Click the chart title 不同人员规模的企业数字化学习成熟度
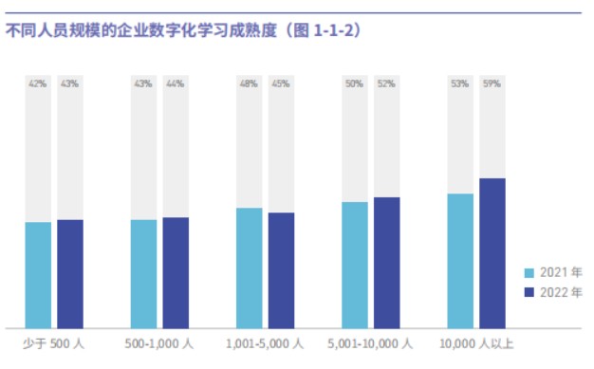pyautogui.click(x=141, y=30)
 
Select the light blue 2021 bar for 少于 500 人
pyautogui.click(x=38, y=275)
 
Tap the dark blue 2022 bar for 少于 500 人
pyautogui.click(x=70, y=274)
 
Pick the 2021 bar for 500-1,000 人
pyautogui.click(x=143, y=274)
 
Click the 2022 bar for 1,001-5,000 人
pyautogui.click(x=282, y=270)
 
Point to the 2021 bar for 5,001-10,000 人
pyautogui.click(x=355, y=266)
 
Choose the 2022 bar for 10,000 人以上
pyautogui.click(x=492, y=253)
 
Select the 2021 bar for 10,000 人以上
pyautogui.click(x=460, y=261)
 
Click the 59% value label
pyautogui.click(x=492, y=83)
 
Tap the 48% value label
pyautogui.click(x=249, y=83)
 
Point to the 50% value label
pyautogui.click(x=355, y=83)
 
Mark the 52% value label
pyautogui.click(x=386, y=83)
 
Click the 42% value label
pyautogui.click(x=38, y=83)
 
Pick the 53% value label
pyautogui.click(x=460, y=83)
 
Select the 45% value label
pyautogui.click(x=281, y=83)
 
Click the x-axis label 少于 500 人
pyautogui.click(x=53, y=343)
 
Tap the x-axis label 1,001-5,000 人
pyautogui.click(x=265, y=343)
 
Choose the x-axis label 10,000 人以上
pyautogui.click(x=476, y=343)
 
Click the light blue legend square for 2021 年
pyautogui.click(x=529, y=273)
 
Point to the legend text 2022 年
pyautogui.click(x=561, y=292)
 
